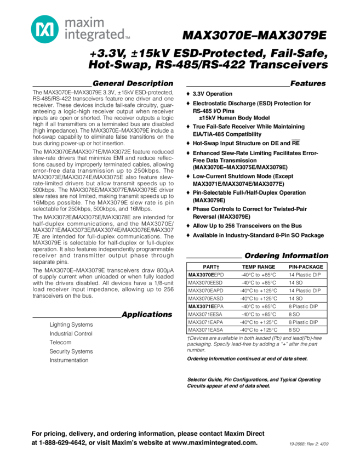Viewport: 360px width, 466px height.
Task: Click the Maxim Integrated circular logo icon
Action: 43,28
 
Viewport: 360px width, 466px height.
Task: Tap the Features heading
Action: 308,83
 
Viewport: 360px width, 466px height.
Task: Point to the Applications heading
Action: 147,314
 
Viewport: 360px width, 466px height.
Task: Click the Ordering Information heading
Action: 286,255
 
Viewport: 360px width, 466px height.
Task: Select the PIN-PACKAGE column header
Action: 306,266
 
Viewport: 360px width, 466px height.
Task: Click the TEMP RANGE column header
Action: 259,266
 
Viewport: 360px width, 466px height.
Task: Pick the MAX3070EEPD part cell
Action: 206,274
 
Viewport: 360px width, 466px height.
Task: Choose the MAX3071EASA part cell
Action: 205,330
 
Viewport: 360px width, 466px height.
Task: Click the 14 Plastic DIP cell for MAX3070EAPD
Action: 305,291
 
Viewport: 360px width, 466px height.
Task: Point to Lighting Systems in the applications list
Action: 71,325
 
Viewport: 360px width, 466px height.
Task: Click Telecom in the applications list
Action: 60,342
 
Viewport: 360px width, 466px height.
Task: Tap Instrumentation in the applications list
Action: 69,360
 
